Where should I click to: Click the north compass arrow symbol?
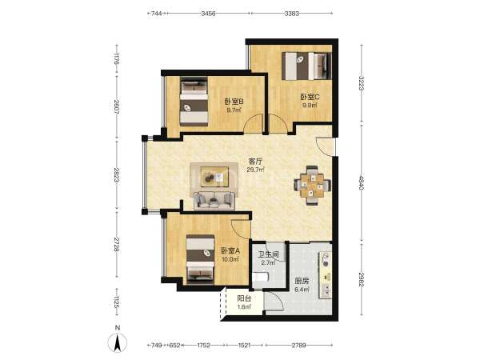(x=118, y=342)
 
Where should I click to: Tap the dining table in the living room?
(x=312, y=186)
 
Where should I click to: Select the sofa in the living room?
(x=214, y=201)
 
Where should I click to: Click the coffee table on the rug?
(x=214, y=177)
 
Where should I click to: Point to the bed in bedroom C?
(x=306, y=66)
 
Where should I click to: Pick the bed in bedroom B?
(x=194, y=102)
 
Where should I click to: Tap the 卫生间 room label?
(x=269, y=254)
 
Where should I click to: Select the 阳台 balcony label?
(x=244, y=298)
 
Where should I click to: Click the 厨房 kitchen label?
(x=302, y=281)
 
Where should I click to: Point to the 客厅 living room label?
(x=255, y=161)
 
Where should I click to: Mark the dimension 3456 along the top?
(x=208, y=14)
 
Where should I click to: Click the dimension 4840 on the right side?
(x=362, y=182)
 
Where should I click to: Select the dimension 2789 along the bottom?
(x=298, y=346)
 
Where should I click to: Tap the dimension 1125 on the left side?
(x=116, y=302)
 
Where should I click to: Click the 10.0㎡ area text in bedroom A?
(x=230, y=259)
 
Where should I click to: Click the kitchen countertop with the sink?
(x=325, y=275)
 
